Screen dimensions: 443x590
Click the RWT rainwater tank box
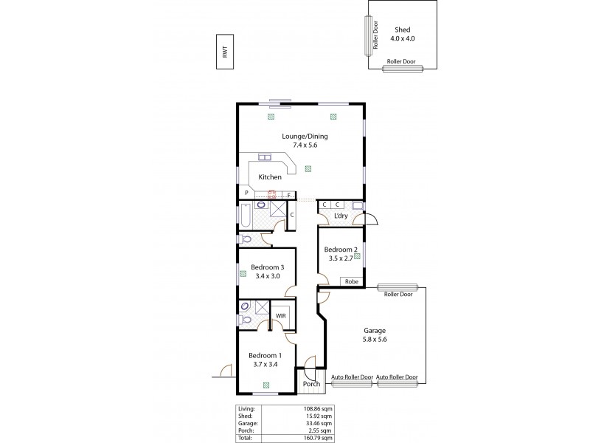click(x=225, y=52)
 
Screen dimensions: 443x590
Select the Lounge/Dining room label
click(x=304, y=141)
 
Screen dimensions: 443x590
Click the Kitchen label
click(x=269, y=177)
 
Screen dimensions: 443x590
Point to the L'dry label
click(x=340, y=216)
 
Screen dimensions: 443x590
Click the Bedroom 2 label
click(x=340, y=255)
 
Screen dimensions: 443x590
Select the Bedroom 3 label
click(x=268, y=272)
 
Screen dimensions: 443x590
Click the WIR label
click(x=280, y=315)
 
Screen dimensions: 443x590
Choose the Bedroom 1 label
click(x=265, y=360)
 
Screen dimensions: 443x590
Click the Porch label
click(x=310, y=384)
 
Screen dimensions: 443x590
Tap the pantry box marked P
click(x=246, y=193)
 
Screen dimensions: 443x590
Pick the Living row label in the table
click(x=246, y=408)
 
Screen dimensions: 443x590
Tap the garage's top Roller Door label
click(x=397, y=294)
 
